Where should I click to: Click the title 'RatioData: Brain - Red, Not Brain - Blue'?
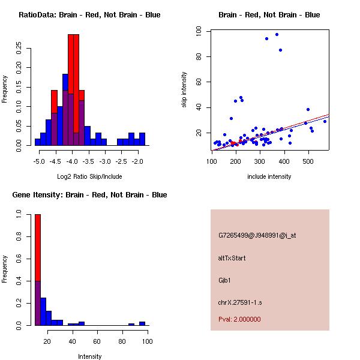(x=89, y=15)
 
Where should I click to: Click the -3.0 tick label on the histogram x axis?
(x=104, y=161)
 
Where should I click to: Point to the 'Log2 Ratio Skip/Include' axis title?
(x=89, y=176)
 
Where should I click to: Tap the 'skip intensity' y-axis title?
(x=185, y=89)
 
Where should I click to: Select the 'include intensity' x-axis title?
(x=269, y=176)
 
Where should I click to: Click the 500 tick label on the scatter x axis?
(x=308, y=161)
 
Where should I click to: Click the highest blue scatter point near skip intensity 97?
(x=277, y=34)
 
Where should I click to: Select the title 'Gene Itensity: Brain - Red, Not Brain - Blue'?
(x=89, y=195)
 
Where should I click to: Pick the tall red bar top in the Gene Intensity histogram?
(x=37, y=215)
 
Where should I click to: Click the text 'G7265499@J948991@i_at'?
(x=257, y=235)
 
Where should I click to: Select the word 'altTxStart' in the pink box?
(x=232, y=258)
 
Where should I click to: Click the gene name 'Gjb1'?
(x=225, y=280)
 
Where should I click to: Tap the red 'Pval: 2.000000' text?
(x=239, y=319)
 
